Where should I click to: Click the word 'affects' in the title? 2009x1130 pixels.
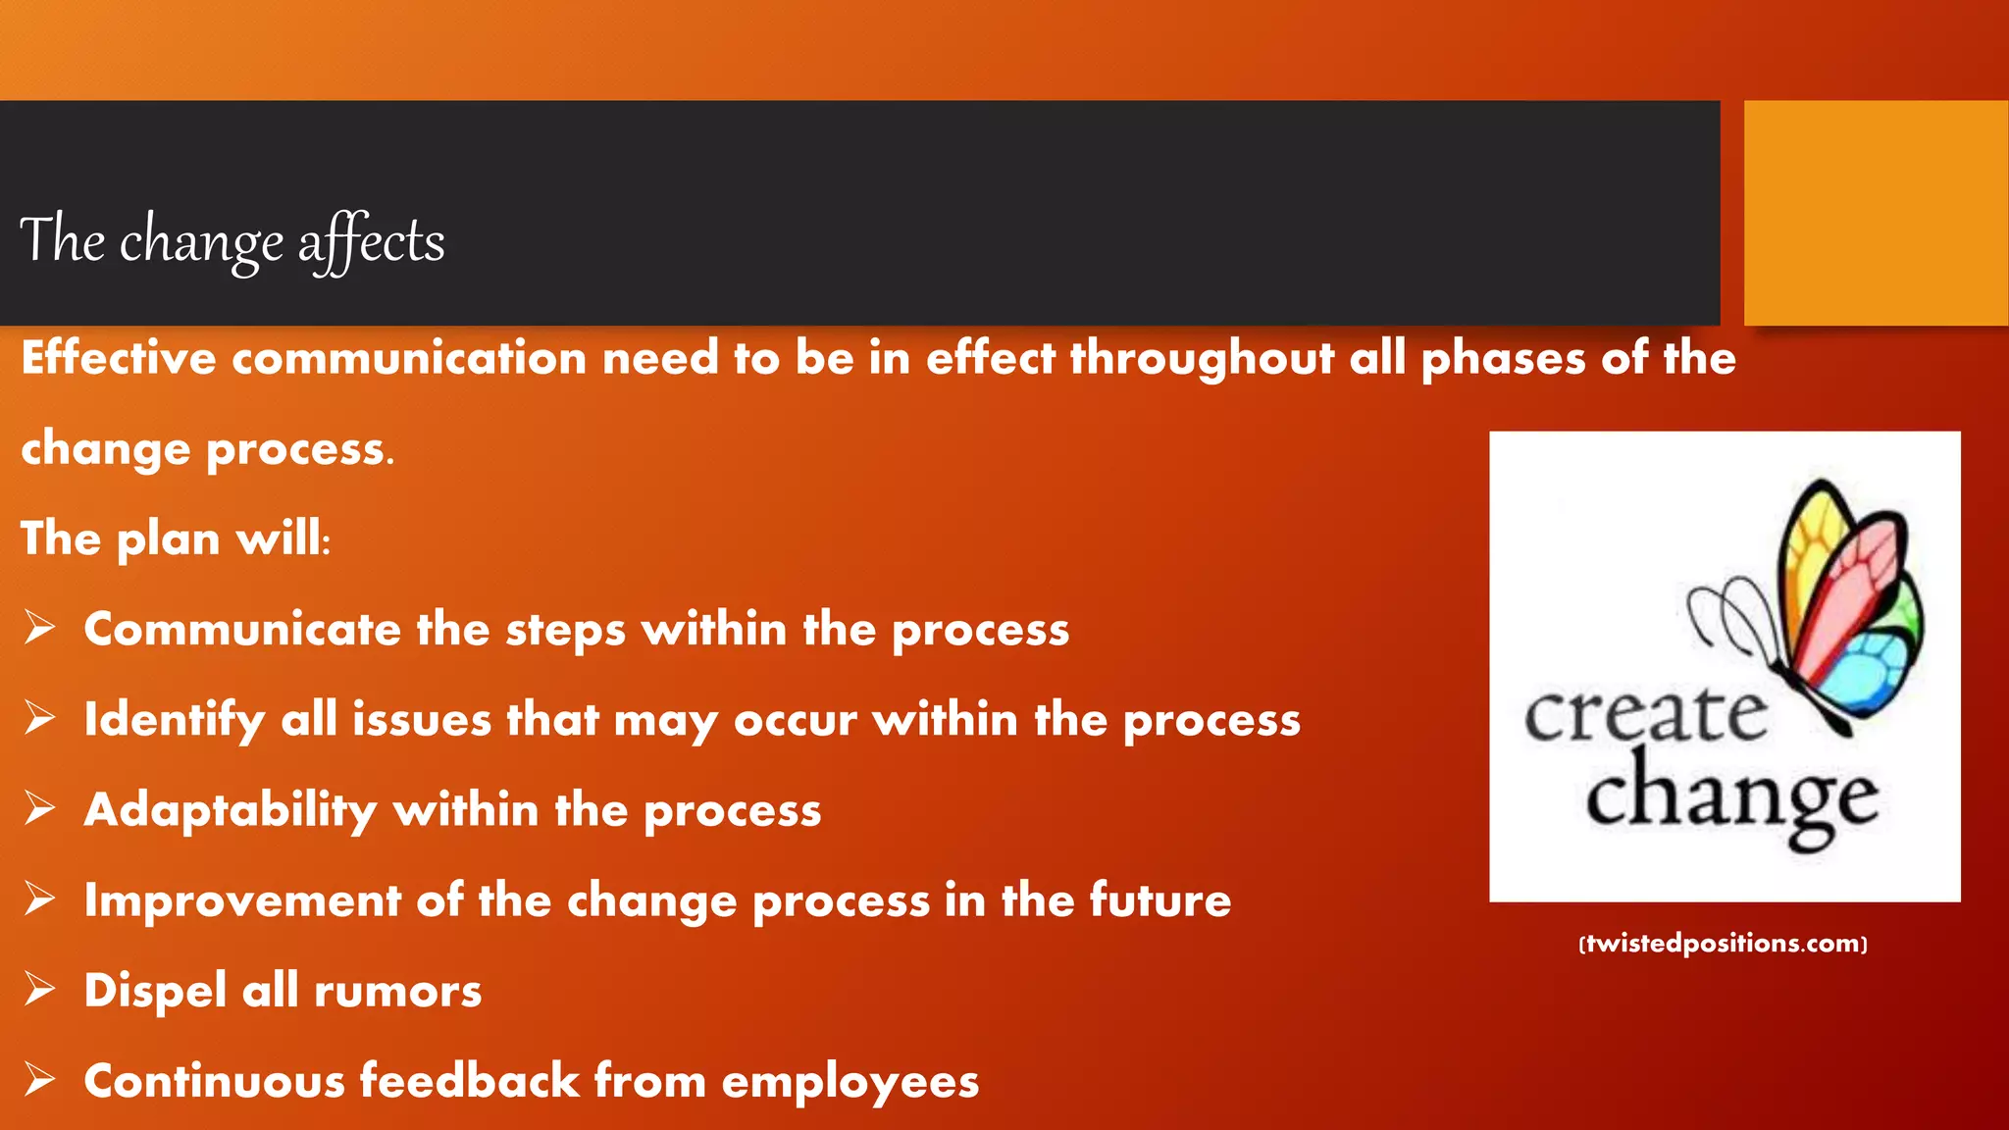tap(372, 241)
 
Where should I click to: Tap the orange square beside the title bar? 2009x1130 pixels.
tap(1875, 212)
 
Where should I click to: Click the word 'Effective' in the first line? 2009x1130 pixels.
tap(119, 357)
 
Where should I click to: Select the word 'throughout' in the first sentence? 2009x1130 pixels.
tap(1202, 359)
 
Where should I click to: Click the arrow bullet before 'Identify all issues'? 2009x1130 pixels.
tap(39, 718)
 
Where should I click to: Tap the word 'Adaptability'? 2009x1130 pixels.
tap(231, 811)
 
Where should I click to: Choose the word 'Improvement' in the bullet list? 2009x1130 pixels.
tap(242, 900)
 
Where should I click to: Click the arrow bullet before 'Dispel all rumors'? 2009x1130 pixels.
tap(39, 989)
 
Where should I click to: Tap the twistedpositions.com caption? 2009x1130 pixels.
tap(1724, 944)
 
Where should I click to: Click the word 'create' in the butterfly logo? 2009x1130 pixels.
tap(1645, 715)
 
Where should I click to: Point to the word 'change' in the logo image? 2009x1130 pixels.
tap(1731, 799)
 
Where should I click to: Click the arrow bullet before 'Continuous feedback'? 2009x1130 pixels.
tap(39, 1079)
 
